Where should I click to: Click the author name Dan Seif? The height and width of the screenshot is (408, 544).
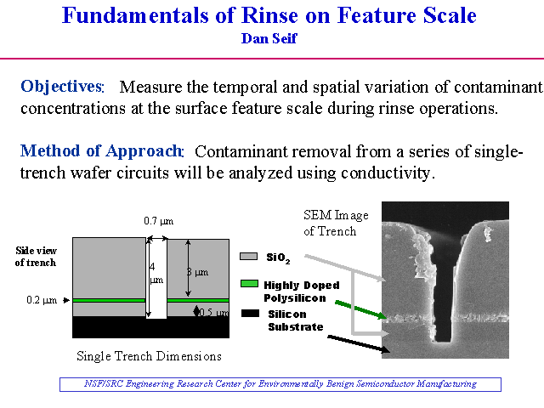coord(269,38)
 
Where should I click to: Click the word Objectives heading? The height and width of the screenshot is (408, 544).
coord(62,87)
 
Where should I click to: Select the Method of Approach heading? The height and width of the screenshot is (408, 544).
coord(102,151)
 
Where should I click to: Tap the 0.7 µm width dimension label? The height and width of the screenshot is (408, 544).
coord(159,221)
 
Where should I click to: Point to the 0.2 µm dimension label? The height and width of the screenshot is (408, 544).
coord(42,300)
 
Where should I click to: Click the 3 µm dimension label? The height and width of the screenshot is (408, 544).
coord(197,272)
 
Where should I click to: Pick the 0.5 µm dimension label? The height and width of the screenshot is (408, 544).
coord(213,313)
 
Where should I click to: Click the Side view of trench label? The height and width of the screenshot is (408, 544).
coord(36,257)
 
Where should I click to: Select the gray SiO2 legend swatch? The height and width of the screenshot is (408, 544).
coord(249,257)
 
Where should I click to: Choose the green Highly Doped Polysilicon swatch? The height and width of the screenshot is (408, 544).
coord(249,284)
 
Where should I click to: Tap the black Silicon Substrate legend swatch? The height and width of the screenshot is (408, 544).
coord(250,314)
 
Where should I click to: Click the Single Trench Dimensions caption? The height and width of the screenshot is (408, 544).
coord(150,356)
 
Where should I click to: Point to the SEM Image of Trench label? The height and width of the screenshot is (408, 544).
coord(336,223)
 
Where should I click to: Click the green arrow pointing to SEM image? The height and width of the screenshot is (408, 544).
coord(360,309)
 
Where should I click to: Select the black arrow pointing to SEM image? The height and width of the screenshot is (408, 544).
coord(359,344)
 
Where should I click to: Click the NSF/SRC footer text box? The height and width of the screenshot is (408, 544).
coord(280,384)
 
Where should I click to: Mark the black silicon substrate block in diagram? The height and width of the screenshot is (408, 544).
coord(151,326)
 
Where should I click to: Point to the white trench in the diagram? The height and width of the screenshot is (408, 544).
coord(156,278)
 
